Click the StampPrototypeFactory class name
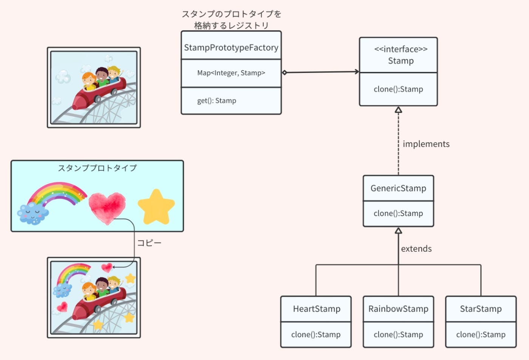pyautogui.click(x=231, y=48)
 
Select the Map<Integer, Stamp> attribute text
pyautogui.click(x=231, y=73)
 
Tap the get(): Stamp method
pyautogui.click(x=217, y=101)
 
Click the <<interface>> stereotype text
pyautogui.click(x=401, y=49)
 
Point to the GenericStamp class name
pyautogui.click(x=398, y=188)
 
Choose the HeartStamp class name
pyautogui.click(x=317, y=309)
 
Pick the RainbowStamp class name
pyautogui.click(x=398, y=309)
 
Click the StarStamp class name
pyautogui.click(x=481, y=309)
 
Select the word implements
pyautogui.click(x=426, y=144)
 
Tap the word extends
pyautogui.click(x=416, y=249)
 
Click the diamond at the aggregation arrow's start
pyautogui.click(x=285, y=72)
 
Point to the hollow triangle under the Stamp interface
pyautogui.click(x=398, y=110)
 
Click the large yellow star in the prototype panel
pyautogui.click(x=156, y=207)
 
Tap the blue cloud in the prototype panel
pyautogui.click(x=33, y=214)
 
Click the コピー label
pyautogui.click(x=149, y=243)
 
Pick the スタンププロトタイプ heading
pyautogui.click(x=97, y=168)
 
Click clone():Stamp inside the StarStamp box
pyautogui.click(x=481, y=335)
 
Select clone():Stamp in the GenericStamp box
pyautogui.click(x=398, y=213)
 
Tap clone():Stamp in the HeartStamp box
pyautogui.click(x=316, y=335)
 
